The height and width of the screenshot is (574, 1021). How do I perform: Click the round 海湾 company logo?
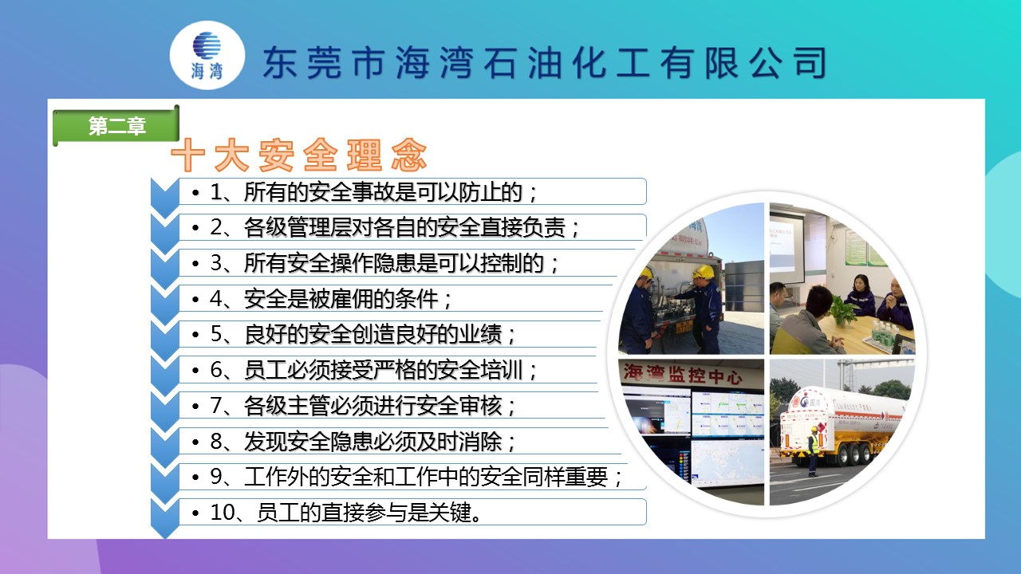click(207, 55)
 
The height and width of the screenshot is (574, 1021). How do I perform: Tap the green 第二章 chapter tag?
click(116, 126)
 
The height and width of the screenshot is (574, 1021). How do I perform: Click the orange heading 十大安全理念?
click(299, 155)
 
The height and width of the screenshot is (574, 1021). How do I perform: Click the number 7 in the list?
click(215, 406)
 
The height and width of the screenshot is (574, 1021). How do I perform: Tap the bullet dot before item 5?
click(195, 335)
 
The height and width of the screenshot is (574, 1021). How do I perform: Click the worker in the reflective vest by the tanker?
click(813, 451)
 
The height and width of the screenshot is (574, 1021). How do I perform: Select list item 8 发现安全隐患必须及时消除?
click(363, 442)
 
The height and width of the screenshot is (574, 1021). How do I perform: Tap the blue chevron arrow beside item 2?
click(164, 234)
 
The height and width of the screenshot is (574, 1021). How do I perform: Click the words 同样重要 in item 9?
click(565, 477)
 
